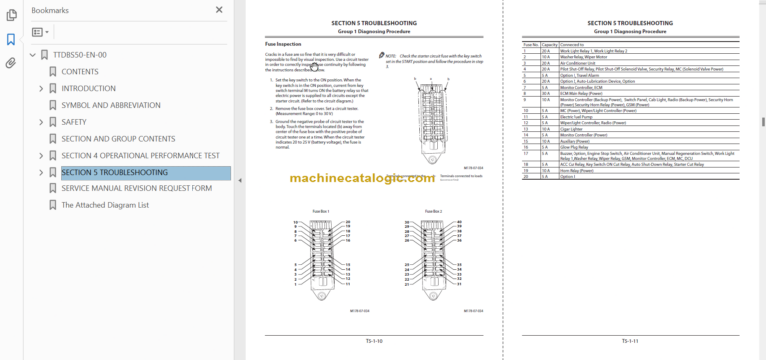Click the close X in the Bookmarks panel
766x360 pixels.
click(x=219, y=9)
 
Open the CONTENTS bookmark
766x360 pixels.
click(x=80, y=72)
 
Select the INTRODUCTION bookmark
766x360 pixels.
click(x=88, y=88)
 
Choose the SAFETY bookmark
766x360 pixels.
click(x=74, y=122)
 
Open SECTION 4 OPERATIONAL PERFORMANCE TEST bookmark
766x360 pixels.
click(x=141, y=156)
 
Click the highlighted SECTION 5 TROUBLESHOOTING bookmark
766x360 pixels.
click(x=116, y=173)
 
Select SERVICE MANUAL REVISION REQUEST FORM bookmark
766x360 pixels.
click(x=137, y=188)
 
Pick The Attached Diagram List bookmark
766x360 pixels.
click(x=105, y=205)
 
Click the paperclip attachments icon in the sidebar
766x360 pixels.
click(x=11, y=63)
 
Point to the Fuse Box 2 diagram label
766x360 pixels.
click(x=432, y=211)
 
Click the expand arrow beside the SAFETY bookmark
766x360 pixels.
click(x=41, y=122)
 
